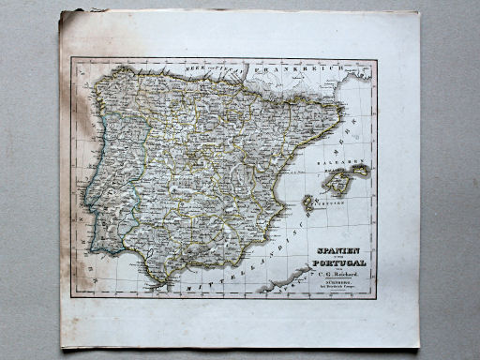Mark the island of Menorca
click(x=360, y=172)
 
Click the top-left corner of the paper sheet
click(x=61, y=12)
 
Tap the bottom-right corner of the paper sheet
click(x=418, y=347)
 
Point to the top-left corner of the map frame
click(x=72, y=58)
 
